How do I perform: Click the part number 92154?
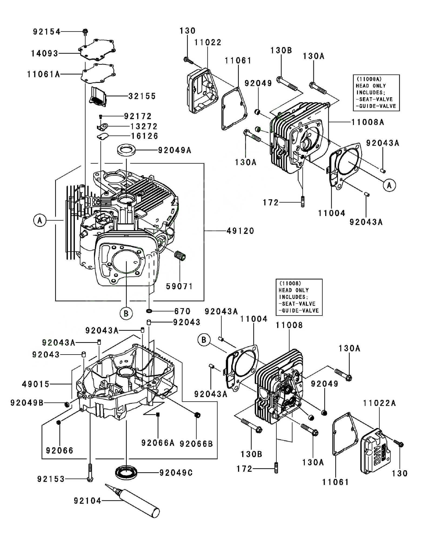point(47,32)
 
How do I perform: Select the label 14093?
point(45,53)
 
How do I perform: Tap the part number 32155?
point(142,96)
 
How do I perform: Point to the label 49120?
point(240,231)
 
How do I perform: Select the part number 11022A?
point(379,403)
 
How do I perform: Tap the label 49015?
point(36,384)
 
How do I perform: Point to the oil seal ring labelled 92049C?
point(126,473)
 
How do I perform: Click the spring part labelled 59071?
point(180,255)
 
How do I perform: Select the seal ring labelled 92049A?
point(126,150)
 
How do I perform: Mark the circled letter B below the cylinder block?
point(126,313)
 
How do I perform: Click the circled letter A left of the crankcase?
point(40,221)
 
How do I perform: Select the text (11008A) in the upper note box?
point(369,79)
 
